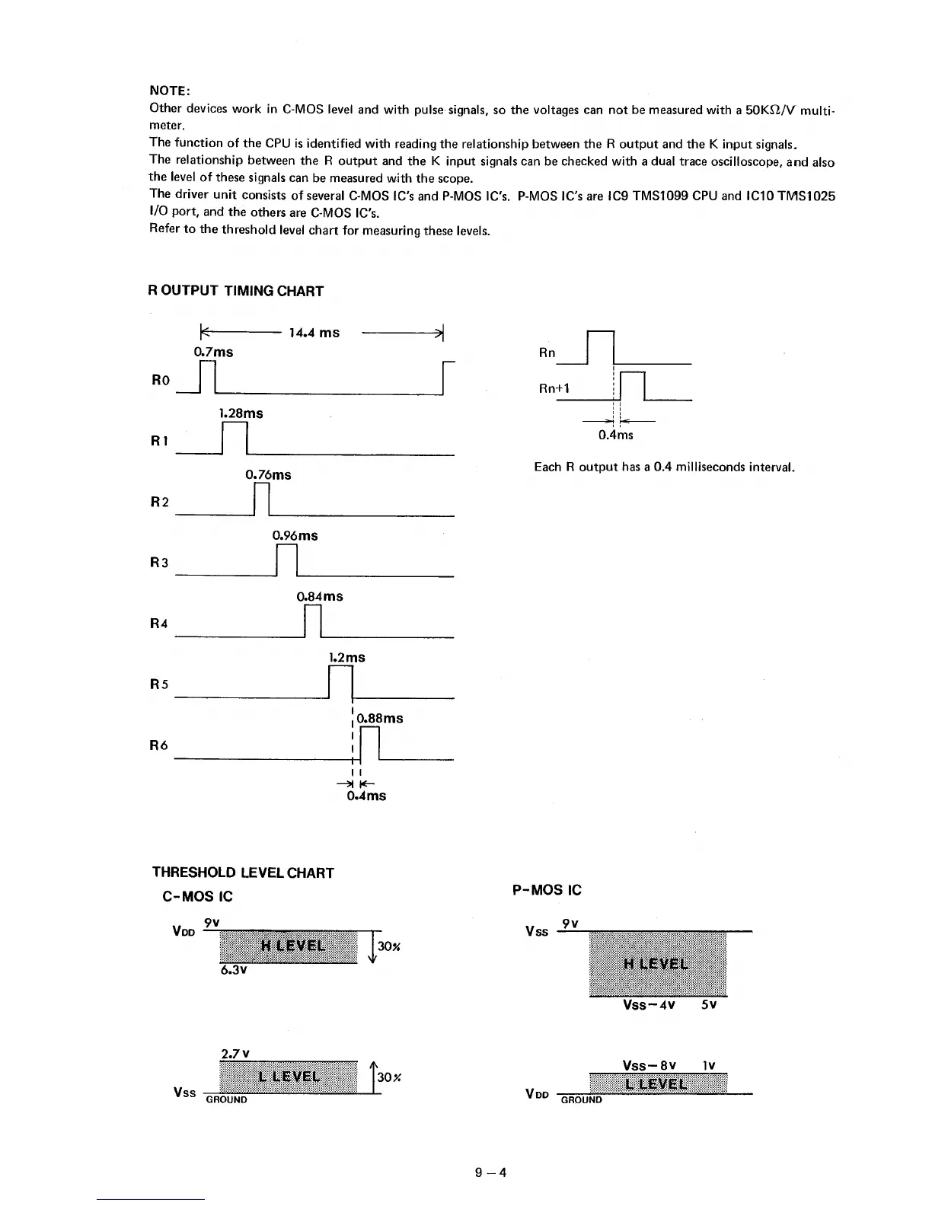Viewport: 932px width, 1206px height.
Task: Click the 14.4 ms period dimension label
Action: pyautogui.click(x=314, y=333)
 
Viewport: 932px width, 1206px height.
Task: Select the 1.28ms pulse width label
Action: pyautogui.click(x=241, y=413)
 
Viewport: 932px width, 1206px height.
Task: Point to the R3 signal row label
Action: pyautogui.click(x=158, y=563)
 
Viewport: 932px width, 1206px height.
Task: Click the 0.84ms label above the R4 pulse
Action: pyautogui.click(x=320, y=596)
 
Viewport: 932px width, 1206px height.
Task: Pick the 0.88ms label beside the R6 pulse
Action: pyautogui.click(x=380, y=718)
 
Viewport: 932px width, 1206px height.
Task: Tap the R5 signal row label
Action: pyautogui.click(x=158, y=684)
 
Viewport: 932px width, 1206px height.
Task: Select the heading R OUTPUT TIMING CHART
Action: pyautogui.click(x=235, y=291)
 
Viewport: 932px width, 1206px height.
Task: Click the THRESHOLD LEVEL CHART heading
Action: pyautogui.click(x=243, y=873)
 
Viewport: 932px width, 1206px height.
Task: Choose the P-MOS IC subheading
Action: pyautogui.click(x=547, y=890)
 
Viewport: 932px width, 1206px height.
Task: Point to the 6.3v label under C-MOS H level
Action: pyautogui.click(x=234, y=971)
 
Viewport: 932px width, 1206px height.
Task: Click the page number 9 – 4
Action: pyautogui.click(x=490, y=1172)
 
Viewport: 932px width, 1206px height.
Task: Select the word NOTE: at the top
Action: pyautogui.click(x=169, y=91)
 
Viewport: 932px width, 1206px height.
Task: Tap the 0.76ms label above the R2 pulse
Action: pyautogui.click(x=268, y=474)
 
